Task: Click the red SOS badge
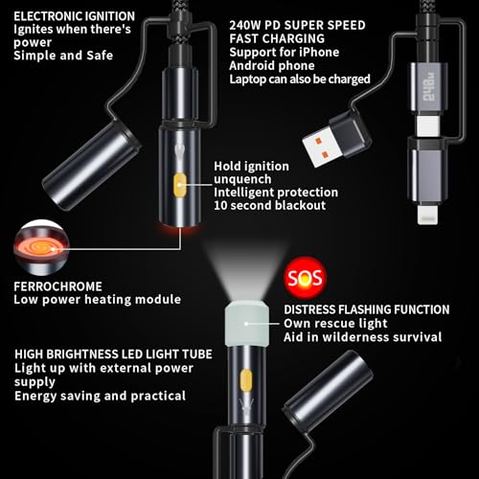[304, 277]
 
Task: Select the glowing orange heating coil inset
[41, 248]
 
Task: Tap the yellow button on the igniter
[180, 185]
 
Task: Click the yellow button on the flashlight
[245, 381]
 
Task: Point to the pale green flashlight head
[246, 323]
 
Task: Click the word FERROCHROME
[57, 286]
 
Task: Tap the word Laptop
[247, 80]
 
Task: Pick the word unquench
[242, 179]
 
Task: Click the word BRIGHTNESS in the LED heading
[82, 354]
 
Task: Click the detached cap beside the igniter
[92, 166]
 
